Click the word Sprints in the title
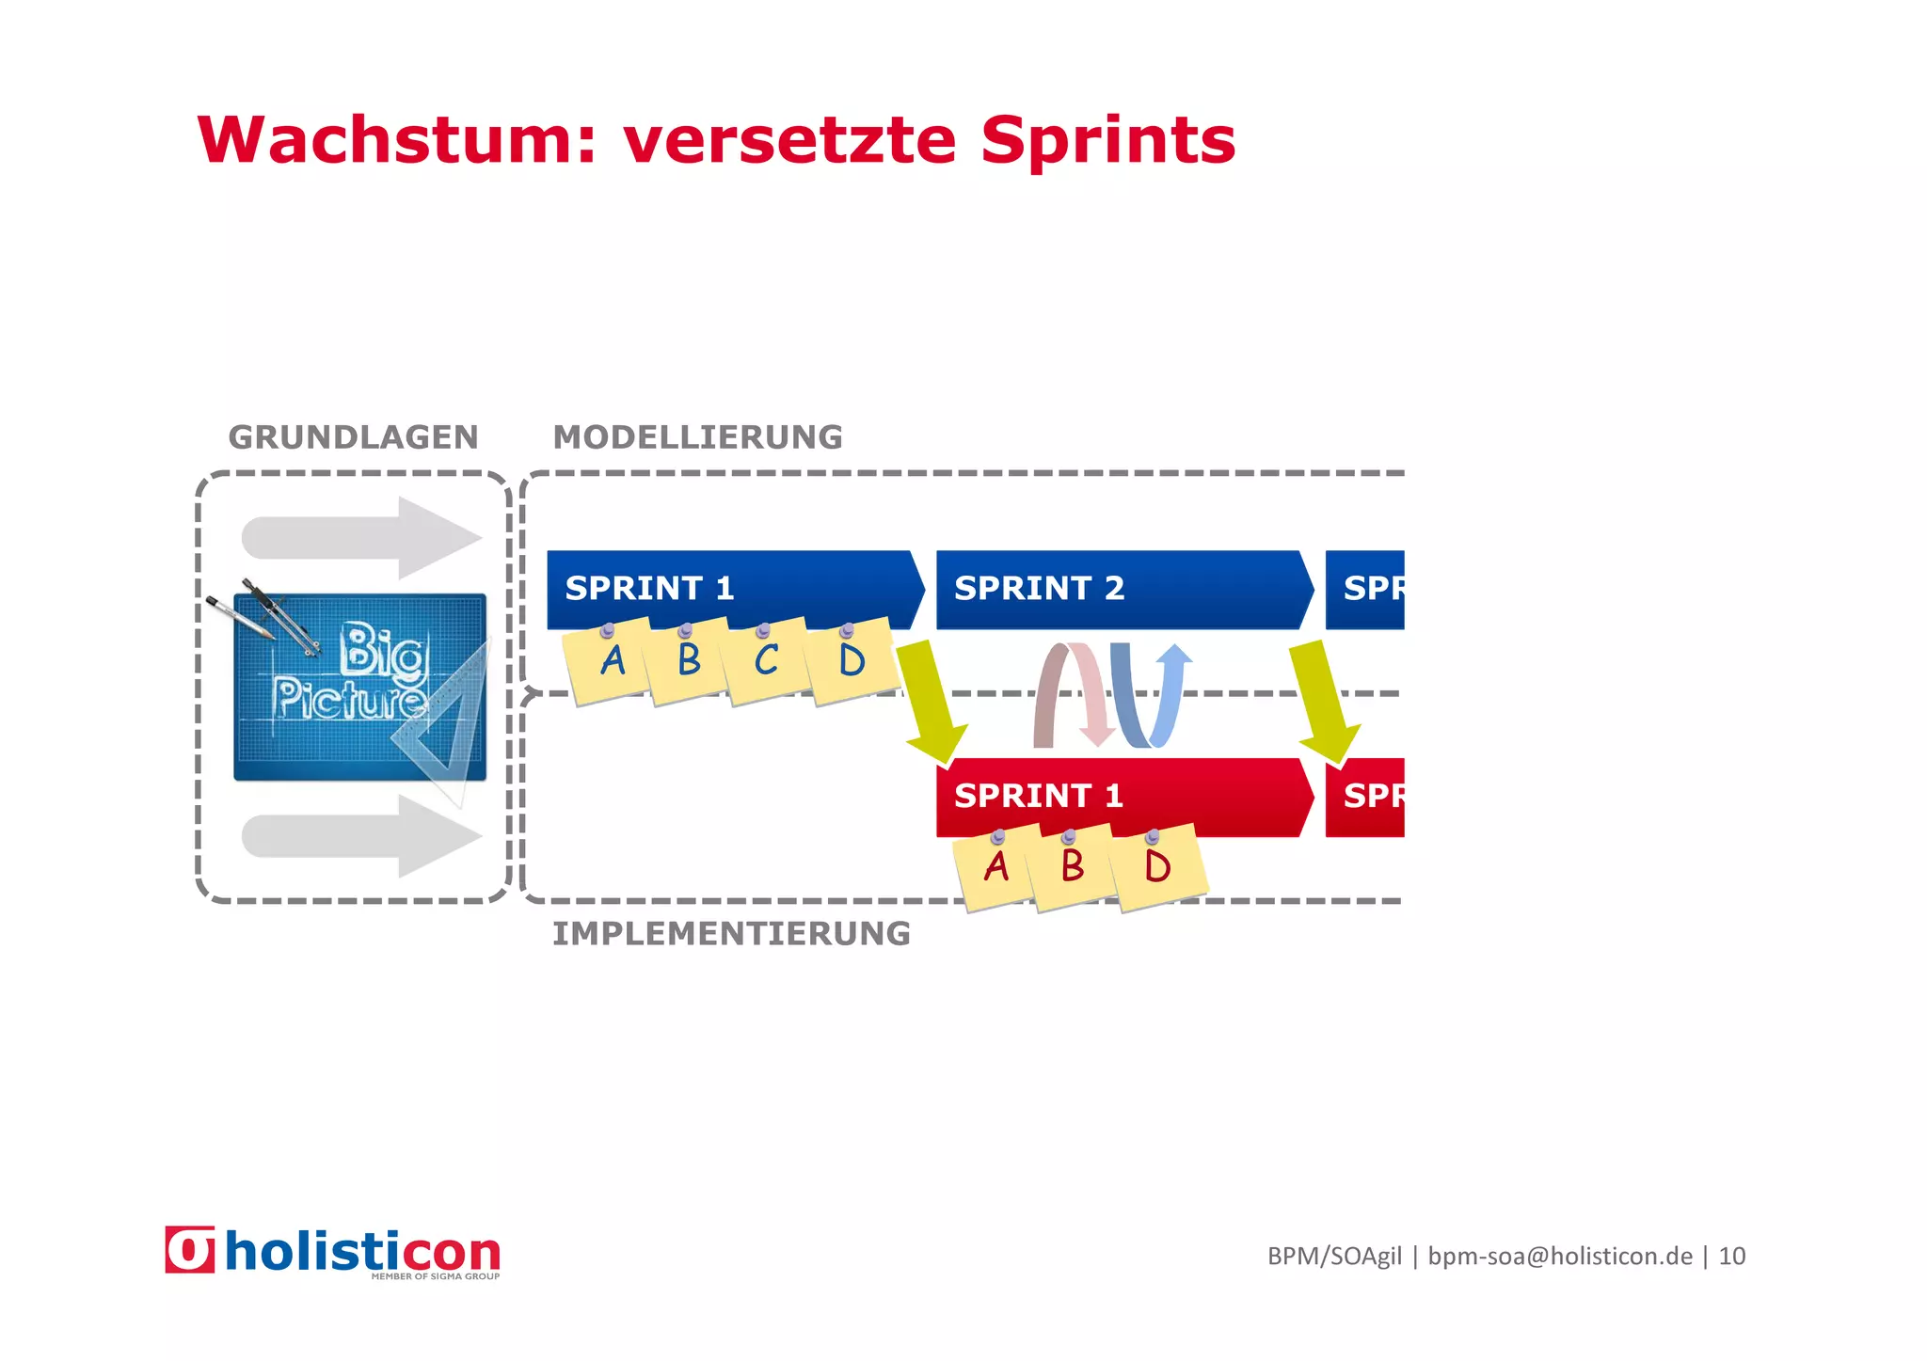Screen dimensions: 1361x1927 (x=1107, y=140)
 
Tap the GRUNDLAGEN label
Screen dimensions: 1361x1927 (x=353, y=437)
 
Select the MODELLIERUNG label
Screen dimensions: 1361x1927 (x=697, y=437)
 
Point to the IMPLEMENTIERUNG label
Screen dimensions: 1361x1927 (x=731, y=934)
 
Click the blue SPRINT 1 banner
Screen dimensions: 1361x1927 (x=734, y=588)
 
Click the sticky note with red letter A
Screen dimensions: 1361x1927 (x=995, y=867)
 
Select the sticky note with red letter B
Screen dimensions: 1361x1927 (x=1072, y=867)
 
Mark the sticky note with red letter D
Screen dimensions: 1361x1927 (x=1157, y=867)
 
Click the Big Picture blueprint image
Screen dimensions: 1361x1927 (x=360, y=687)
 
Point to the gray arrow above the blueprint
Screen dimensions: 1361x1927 (x=362, y=538)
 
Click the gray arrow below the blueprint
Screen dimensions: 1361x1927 (x=362, y=836)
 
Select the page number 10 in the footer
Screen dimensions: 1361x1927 (x=1731, y=1257)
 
